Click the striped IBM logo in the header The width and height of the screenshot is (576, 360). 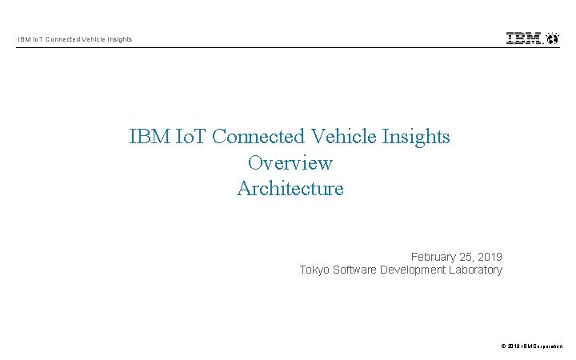point(524,38)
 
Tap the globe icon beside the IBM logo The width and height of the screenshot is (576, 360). point(552,38)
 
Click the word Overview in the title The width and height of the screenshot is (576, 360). point(290,162)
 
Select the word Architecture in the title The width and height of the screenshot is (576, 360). point(290,189)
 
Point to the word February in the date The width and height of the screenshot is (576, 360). point(434,257)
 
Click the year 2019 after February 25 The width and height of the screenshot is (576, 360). point(488,257)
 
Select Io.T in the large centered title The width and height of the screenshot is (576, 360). point(190,136)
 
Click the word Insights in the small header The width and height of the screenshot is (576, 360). point(118,39)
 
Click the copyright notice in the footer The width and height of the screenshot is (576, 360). point(532,346)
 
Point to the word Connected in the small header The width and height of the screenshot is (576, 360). point(58,39)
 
